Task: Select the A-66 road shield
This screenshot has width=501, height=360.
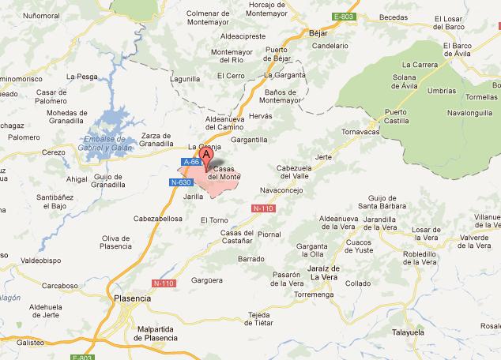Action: pos(190,162)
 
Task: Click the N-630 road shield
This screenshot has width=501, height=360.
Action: pos(180,182)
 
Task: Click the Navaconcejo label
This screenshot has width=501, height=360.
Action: pos(281,189)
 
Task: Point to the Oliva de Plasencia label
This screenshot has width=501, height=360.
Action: pos(116,242)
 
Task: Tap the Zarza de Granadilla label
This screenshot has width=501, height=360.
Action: pos(158,139)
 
